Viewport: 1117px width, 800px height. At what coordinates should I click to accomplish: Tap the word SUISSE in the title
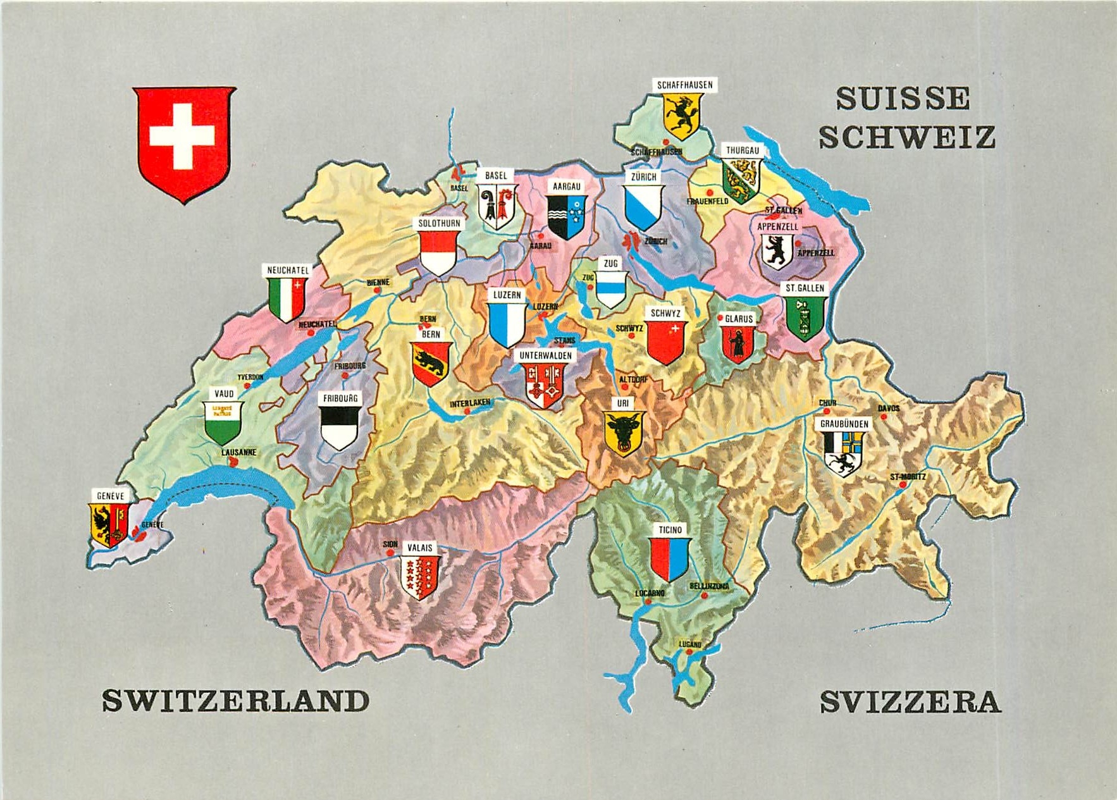pyautogui.click(x=903, y=99)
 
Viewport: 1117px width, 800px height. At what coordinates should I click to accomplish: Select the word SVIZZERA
pyautogui.click(x=910, y=703)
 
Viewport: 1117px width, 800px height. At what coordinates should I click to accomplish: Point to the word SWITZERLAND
pyautogui.click(x=235, y=701)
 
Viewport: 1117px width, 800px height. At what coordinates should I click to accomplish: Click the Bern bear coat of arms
pyautogui.click(x=431, y=364)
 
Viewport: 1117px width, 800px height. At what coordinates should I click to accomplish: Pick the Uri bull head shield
pyautogui.click(x=624, y=433)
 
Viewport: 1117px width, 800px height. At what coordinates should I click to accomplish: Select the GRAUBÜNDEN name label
pyautogui.click(x=844, y=424)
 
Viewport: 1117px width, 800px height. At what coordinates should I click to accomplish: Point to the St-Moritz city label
pyautogui.click(x=908, y=476)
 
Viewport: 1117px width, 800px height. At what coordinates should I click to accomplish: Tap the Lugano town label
pyautogui.click(x=690, y=644)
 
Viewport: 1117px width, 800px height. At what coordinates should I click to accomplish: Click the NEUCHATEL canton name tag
pyautogui.click(x=288, y=270)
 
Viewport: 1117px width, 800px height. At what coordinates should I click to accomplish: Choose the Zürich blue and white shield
pyautogui.click(x=643, y=207)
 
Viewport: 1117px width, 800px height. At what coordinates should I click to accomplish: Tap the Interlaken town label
pyautogui.click(x=470, y=403)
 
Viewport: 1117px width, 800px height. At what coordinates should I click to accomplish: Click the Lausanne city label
pyautogui.click(x=238, y=452)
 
